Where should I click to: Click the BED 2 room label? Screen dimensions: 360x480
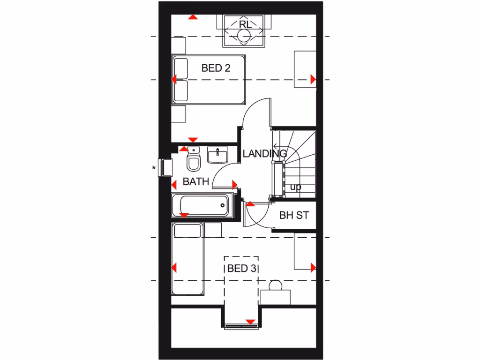tap(216, 68)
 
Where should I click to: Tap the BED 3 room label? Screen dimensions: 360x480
tap(242, 269)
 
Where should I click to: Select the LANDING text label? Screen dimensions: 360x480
tap(264, 153)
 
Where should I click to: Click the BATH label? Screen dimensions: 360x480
tap(195, 181)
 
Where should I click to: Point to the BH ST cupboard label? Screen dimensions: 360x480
tap(294, 216)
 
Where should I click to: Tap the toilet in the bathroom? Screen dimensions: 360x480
tap(193, 160)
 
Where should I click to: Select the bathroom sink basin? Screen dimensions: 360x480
tap(218, 155)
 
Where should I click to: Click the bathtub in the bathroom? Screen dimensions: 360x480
tap(202, 205)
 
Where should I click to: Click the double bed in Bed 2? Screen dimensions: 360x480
tap(209, 79)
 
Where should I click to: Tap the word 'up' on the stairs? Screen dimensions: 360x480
tap(295, 187)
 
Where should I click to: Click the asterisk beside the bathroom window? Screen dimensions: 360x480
tap(154, 167)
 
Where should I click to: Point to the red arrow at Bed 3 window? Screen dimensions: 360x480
tap(250, 322)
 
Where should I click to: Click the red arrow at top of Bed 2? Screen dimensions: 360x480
tap(192, 17)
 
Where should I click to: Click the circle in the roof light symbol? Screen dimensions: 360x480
tap(244, 36)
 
